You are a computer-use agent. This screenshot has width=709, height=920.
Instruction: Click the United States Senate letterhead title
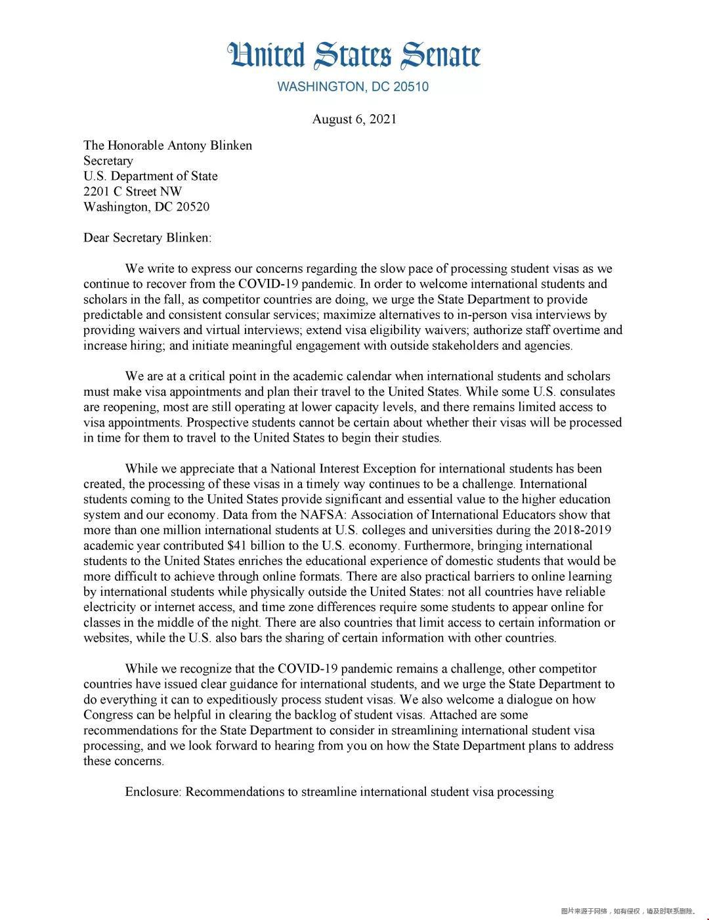pos(354,56)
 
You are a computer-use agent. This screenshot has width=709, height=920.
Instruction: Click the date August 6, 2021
pos(354,119)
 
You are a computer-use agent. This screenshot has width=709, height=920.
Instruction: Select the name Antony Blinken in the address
pos(209,145)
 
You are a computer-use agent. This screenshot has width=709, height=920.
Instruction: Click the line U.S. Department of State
pos(150,176)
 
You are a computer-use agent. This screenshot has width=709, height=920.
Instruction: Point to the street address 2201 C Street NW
pos(133,191)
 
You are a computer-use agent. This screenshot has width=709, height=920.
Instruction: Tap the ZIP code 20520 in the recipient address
pos(192,207)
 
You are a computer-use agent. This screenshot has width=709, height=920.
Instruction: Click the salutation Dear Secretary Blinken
pos(147,238)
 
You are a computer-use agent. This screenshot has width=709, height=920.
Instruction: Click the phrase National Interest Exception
pos(343,469)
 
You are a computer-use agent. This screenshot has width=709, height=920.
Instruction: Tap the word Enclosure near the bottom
pos(152,791)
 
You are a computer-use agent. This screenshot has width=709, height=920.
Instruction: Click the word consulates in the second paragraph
pos(588,392)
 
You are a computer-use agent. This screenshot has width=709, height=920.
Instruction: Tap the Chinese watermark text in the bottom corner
pos(628,911)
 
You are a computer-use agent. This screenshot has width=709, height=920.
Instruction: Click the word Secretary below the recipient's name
pos(108,161)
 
